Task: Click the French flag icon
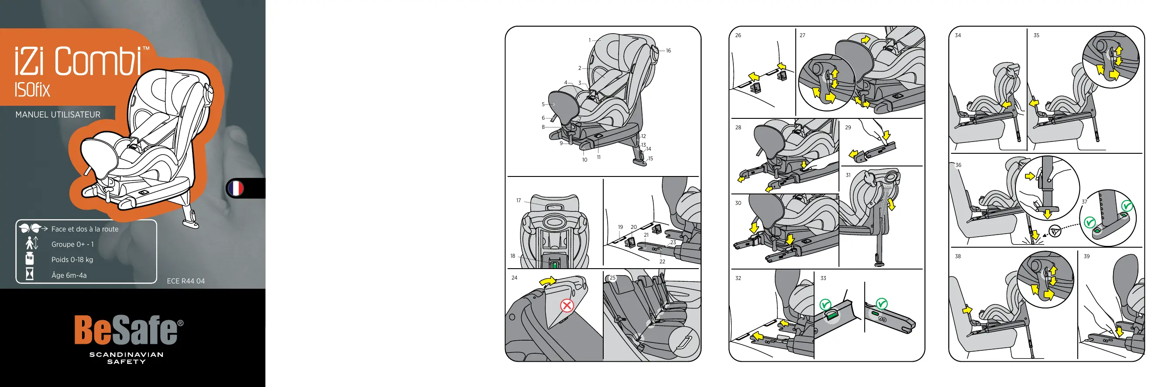tap(235, 188)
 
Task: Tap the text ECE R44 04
tap(186, 281)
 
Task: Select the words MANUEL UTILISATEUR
tap(58, 115)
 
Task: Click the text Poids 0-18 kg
tap(72, 259)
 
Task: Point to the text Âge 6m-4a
tap(69, 275)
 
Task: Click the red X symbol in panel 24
tap(567, 306)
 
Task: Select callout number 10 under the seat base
tap(584, 159)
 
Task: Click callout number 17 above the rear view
tap(518, 200)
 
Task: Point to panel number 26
tap(738, 35)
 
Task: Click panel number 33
tap(823, 278)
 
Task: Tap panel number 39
tap(1087, 256)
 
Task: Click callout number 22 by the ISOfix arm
tap(662, 262)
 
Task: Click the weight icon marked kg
tap(30, 259)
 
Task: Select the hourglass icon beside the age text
tap(30, 273)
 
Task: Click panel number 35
tap(1036, 35)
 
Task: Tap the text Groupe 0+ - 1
tap(72, 245)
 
